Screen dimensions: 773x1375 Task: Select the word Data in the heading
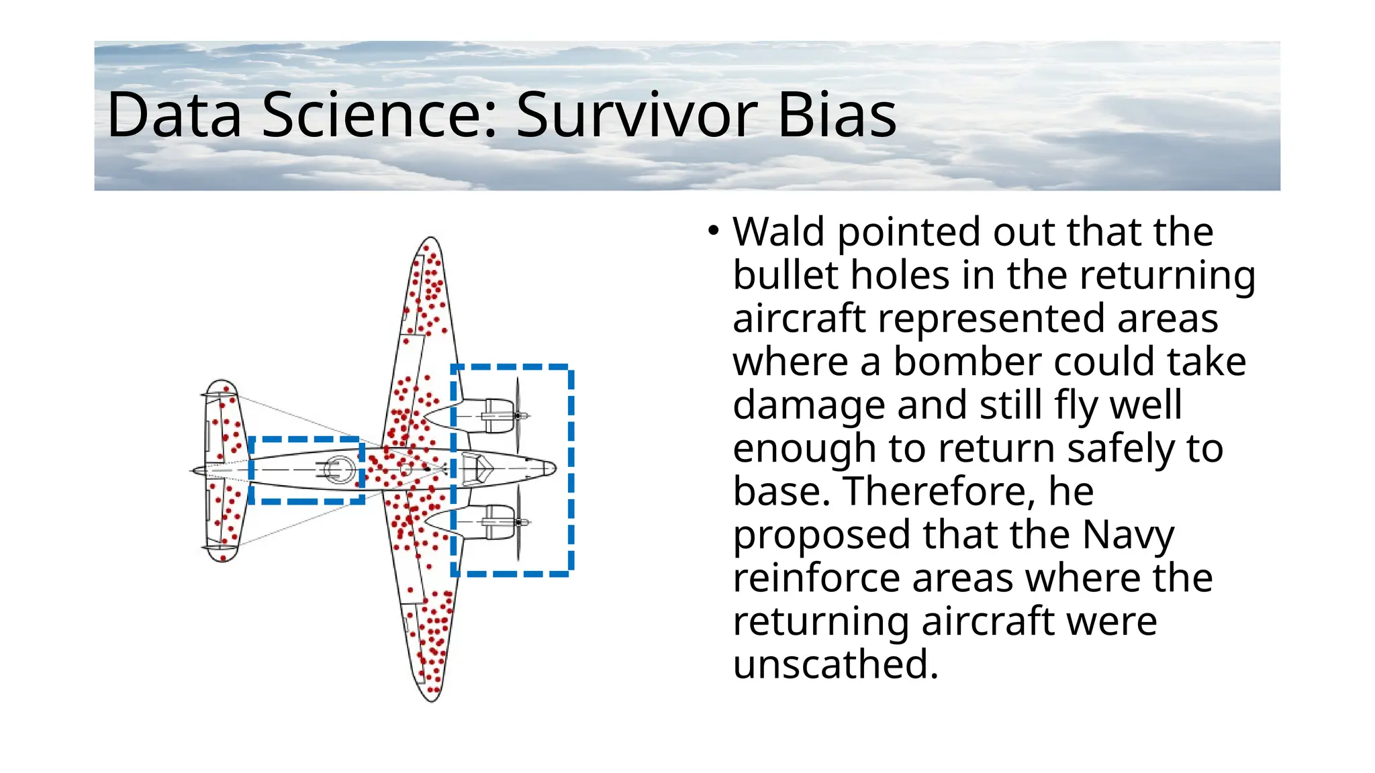pos(174,115)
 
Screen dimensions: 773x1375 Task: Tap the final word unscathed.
pos(835,665)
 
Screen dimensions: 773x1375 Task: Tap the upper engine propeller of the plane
pos(518,415)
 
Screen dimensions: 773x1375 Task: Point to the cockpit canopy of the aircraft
pos(478,468)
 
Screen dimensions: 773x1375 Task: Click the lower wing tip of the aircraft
pos(432,698)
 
